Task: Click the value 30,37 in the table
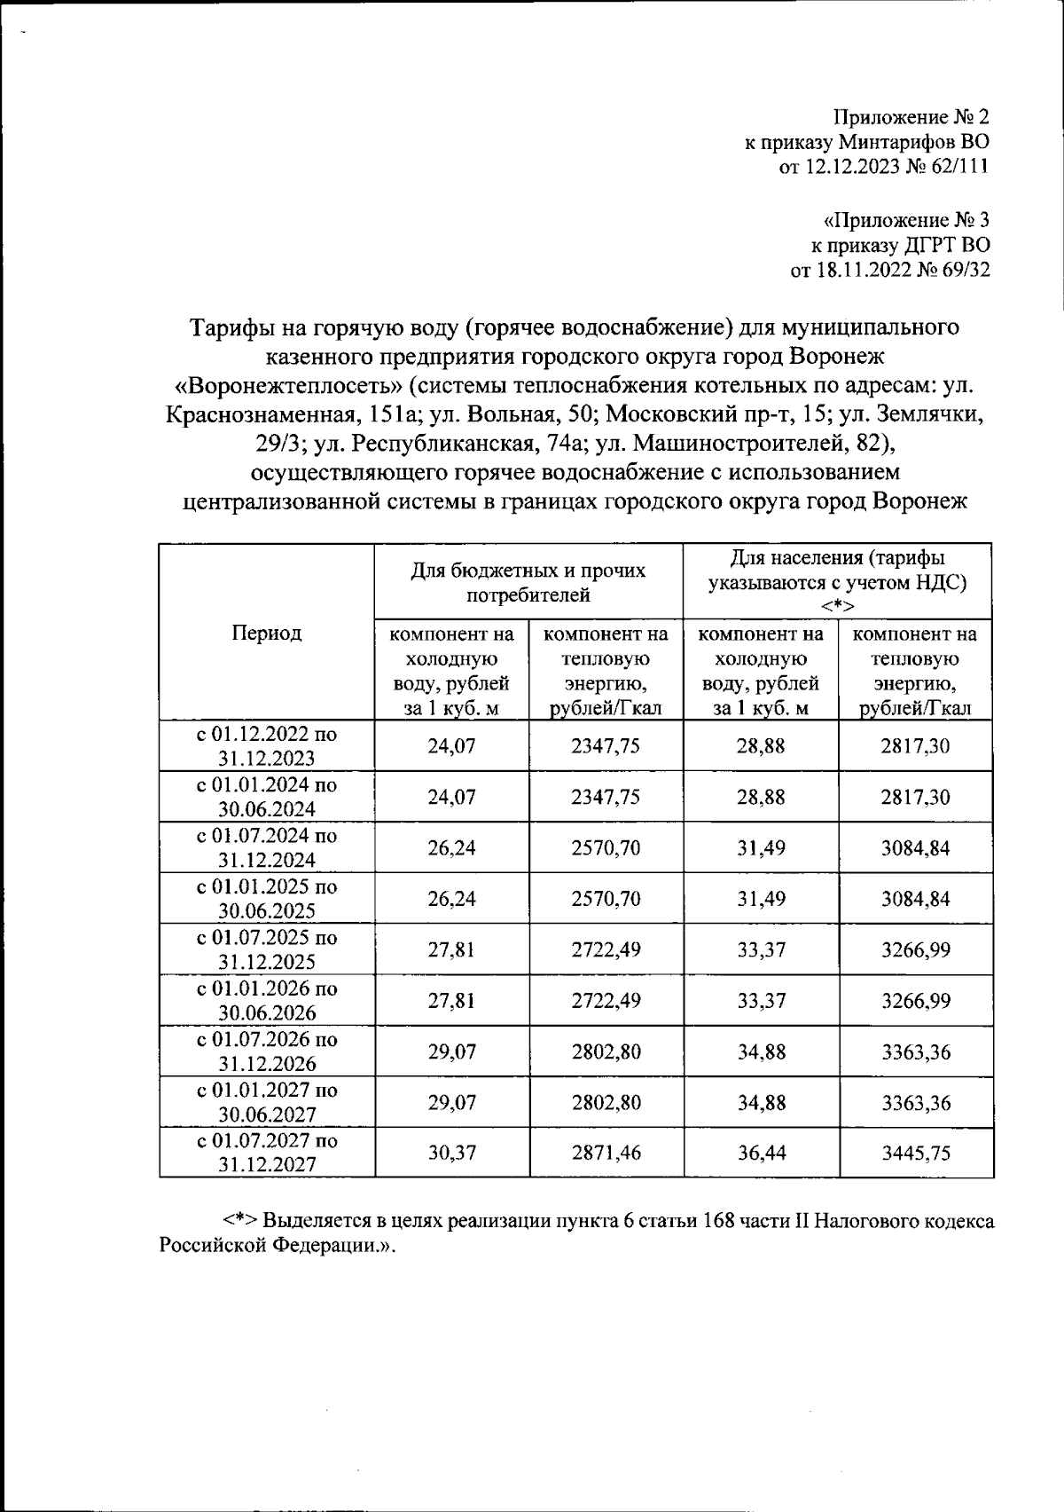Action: tap(452, 1152)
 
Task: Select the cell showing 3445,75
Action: tap(915, 1152)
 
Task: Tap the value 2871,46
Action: tap(606, 1152)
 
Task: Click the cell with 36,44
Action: tap(760, 1152)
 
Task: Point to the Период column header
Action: tap(266, 632)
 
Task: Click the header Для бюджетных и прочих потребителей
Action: tap(528, 582)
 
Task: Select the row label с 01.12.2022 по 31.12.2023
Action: tap(266, 745)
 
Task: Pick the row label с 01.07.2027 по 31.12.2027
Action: tap(266, 1152)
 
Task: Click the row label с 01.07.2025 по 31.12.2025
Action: tap(266, 949)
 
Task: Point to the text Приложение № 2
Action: tap(911, 117)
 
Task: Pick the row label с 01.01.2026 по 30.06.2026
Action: tap(266, 1000)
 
